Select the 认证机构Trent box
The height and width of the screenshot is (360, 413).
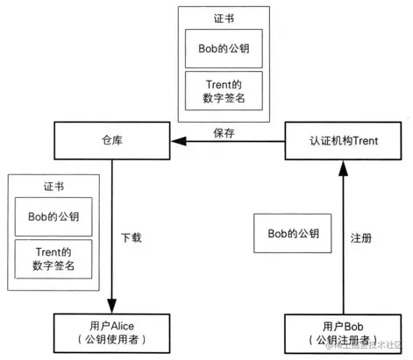coord(344,140)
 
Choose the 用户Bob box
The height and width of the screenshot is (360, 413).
coord(344,330)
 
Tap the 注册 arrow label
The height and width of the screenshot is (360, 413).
coord(361,236)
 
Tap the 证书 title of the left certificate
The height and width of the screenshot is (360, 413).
coord(53,187)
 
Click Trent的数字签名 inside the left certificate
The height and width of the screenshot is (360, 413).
coord(53,258)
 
